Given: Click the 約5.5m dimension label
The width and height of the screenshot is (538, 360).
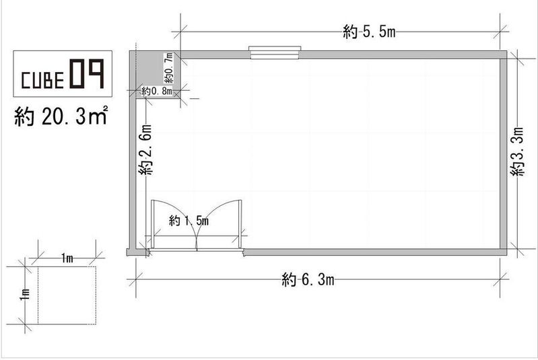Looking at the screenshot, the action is (369, 32).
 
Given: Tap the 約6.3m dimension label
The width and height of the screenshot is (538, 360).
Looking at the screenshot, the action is (308, 280).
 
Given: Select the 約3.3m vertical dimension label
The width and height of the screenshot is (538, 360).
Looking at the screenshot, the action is (517, 151).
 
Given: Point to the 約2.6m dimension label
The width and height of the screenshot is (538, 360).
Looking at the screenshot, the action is (145, 149).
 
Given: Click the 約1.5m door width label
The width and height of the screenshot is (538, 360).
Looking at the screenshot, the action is (189, 221).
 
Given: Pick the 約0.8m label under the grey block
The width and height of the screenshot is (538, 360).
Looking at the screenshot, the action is (157, 92).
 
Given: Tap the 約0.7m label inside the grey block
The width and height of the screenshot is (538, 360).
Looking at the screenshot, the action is (168, 67).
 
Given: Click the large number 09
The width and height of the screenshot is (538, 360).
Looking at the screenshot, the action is (87, 74).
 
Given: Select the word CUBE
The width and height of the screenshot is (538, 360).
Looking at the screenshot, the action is (42, 80).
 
